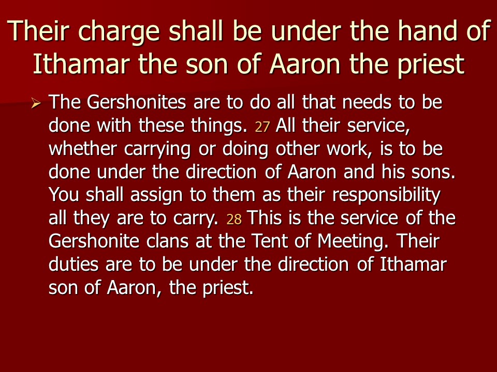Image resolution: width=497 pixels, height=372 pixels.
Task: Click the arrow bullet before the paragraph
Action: tap(36, 103)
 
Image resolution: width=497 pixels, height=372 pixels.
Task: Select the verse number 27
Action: tap(262, 127)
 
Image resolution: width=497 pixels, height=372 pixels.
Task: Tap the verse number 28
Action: tap(234, 219)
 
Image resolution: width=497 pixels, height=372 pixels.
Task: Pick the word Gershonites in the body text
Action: tap(136, 102)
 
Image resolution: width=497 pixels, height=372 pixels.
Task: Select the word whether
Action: tap(83, 148)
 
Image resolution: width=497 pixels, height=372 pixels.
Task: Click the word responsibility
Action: tap(386, 196)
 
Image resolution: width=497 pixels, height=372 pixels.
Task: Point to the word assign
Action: tap(156, 196)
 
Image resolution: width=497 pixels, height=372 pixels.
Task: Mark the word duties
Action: tap(74, 264)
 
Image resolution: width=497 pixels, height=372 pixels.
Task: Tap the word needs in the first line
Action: tap(367, 102)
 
